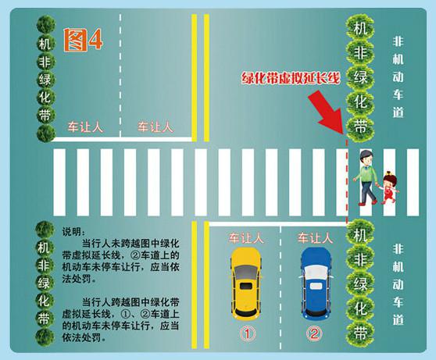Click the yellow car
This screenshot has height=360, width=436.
[246, 284]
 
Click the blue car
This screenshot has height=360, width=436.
[316, 283]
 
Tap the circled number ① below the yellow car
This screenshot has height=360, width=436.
[248, 333]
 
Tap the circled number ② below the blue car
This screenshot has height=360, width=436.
[314, 333]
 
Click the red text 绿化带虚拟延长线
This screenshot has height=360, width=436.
[291, 78]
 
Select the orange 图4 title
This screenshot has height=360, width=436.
[83, 40]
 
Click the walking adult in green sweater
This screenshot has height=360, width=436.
[366, 177]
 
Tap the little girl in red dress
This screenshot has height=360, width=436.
[389, 187]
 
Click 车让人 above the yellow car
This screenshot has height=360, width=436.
[246, 238]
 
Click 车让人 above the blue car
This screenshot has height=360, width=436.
[315, 238]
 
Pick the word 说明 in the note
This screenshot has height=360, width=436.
[71, 232]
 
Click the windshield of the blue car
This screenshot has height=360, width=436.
[316, 270]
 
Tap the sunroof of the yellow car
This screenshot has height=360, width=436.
[246, 286]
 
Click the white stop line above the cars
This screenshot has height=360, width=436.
[277, 224]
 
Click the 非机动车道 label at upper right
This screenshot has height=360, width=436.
[398, 77]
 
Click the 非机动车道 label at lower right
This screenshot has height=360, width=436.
[398, 284]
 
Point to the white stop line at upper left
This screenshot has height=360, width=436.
[123, 139]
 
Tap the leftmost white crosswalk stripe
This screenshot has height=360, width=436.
[59, 183]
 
